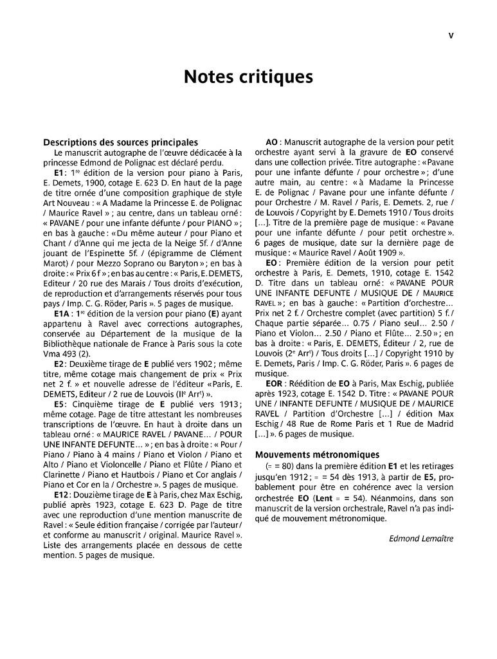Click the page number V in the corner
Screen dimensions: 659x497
451,36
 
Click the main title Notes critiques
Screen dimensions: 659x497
248,77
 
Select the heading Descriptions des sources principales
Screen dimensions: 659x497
120,142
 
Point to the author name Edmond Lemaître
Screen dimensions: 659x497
421,538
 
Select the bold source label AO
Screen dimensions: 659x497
272,142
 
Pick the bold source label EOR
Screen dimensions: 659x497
275,384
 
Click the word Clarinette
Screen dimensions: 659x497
65,474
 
